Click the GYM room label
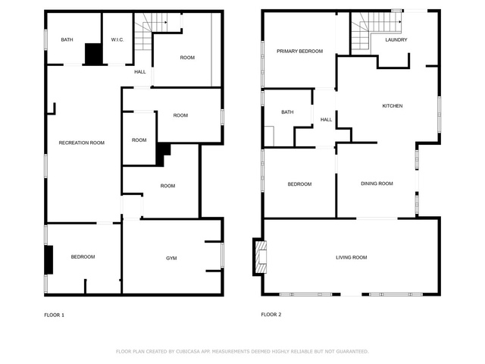(x=171, y=258)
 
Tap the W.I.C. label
(x=117, y=39)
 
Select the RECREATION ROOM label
(x=82, y=143)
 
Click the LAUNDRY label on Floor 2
(x=396, y=39)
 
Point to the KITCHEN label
(x=393, y=106)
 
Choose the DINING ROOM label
(x=377, y=184)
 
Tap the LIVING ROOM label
(x=352, y=257)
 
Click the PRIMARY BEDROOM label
(x=300, y=51)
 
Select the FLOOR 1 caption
(x=54, y=315)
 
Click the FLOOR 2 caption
(x=271, y=315)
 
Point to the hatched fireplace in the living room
(x=261, y=257)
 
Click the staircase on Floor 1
(x=151, y=31)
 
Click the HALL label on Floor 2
(x=326, y=120)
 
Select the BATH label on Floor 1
(x=67, y=39)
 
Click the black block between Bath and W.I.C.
(x=93, y=54)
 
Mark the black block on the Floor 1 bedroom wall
(x=48, y=259)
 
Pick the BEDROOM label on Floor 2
(x=299, y=184)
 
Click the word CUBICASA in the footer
(x=188, y=351)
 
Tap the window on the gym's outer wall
(x=222, y=255)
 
